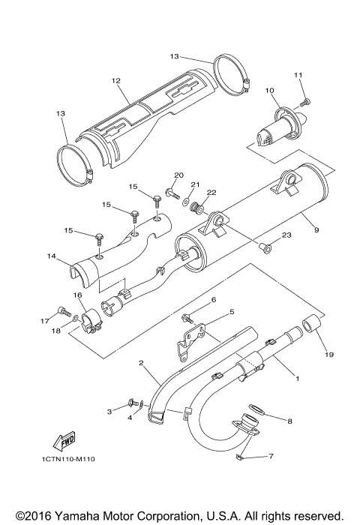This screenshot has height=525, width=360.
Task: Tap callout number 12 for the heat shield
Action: [116, 81]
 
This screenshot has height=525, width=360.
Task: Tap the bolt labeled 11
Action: [304, 102]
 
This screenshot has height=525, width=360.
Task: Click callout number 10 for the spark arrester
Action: [269, 91]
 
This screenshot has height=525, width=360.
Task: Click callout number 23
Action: [286, 235]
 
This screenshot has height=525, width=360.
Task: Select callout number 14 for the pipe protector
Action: [51, 257]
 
